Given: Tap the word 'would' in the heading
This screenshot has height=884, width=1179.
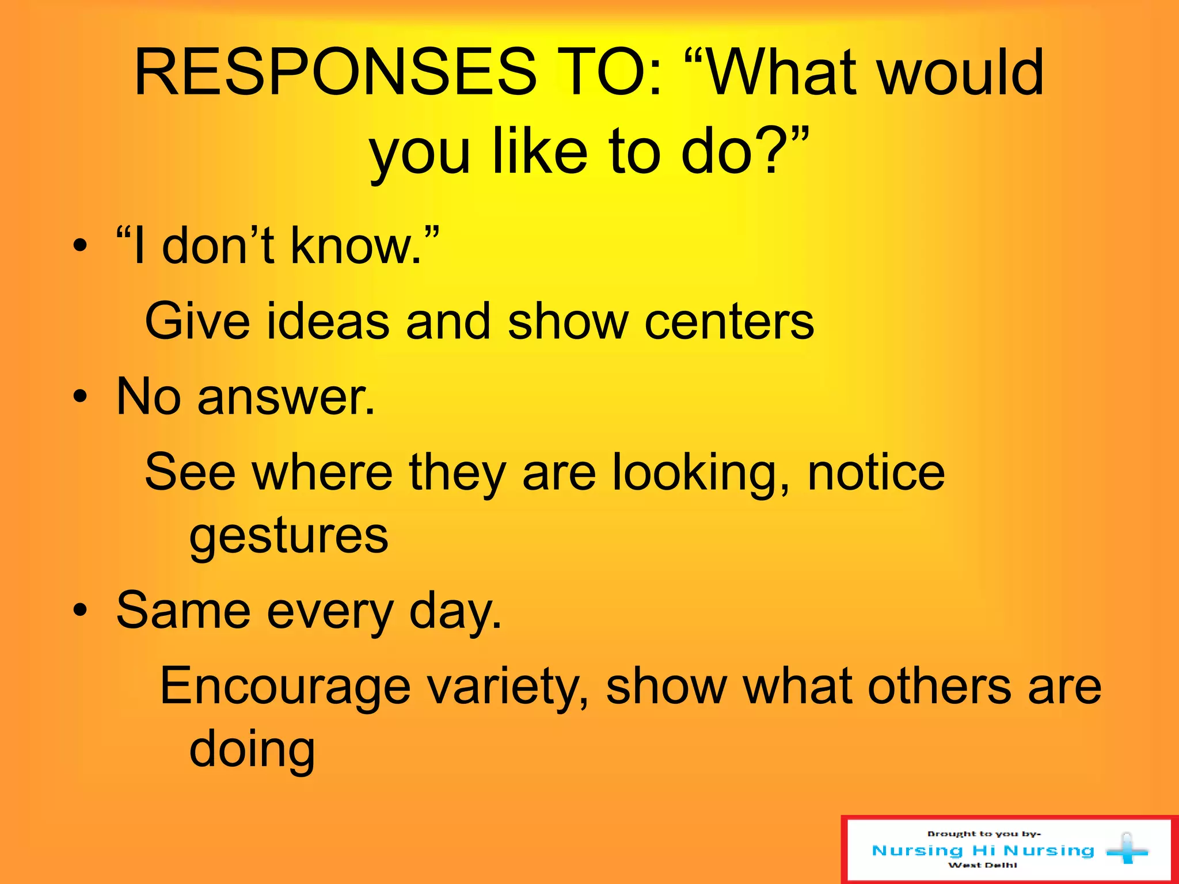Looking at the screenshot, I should [961, 73].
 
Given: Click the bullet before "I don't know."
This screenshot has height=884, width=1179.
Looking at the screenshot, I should [81, 246].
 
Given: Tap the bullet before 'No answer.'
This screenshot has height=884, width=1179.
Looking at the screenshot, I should [81, 397].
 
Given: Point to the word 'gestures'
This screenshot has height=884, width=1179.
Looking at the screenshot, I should [289, 536].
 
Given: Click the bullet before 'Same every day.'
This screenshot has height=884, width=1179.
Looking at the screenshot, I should [81, 610].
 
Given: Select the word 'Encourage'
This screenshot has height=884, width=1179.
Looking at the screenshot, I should [285, 686].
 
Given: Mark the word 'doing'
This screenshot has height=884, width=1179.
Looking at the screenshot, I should [252, 749].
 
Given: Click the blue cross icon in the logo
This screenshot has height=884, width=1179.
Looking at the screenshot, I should [1127, 849].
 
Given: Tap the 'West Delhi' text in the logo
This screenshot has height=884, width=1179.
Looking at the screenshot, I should [983, 865].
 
